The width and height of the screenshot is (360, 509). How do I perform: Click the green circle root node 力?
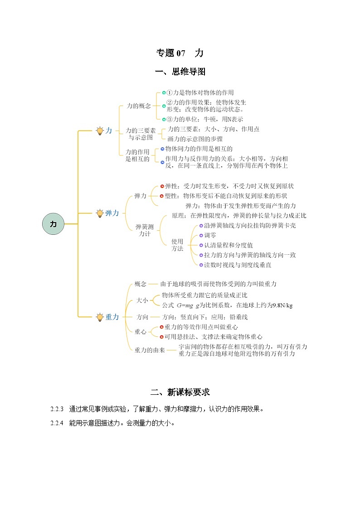54,224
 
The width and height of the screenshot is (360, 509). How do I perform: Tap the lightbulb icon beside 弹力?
100,213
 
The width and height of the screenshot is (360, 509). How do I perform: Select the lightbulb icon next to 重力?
100,317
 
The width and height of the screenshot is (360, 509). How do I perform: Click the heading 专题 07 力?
180,53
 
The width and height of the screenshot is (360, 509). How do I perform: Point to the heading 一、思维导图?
180,72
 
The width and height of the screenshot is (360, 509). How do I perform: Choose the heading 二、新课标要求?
180,392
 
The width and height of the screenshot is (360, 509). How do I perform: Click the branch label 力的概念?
139,106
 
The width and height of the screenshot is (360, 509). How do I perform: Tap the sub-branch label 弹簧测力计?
145,230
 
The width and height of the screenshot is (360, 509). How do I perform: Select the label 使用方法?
177,245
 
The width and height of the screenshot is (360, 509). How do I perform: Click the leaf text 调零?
210,235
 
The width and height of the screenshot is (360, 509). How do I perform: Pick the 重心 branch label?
141,332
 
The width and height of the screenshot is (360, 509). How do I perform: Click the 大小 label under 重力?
142,301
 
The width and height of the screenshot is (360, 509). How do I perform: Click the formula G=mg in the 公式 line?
185,305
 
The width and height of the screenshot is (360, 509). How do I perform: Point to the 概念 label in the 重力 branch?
141,284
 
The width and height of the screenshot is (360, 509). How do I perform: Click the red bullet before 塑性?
161,196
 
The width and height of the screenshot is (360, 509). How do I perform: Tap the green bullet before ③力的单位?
164,119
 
